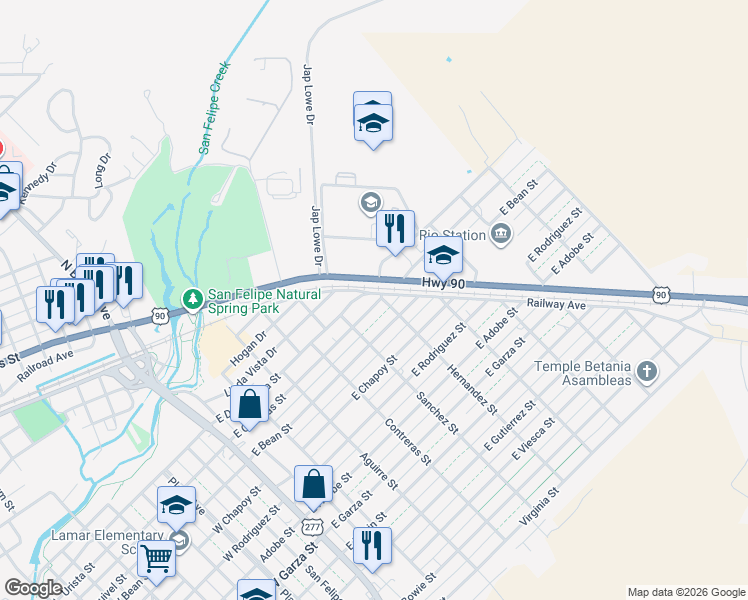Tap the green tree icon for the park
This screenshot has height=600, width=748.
[193, 298]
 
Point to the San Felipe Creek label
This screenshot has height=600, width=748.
[214, 109]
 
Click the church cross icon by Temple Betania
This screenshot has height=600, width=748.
[647, 372]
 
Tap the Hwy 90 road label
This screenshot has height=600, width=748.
[442, 285]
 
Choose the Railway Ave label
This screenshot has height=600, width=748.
[556, 303]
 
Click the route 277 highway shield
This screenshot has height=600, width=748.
[312, 526]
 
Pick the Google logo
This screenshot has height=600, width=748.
[34, 588]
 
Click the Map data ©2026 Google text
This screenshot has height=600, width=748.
[685, 592]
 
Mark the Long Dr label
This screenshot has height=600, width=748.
[101, 171]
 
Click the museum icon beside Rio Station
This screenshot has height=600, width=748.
[501, 235]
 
